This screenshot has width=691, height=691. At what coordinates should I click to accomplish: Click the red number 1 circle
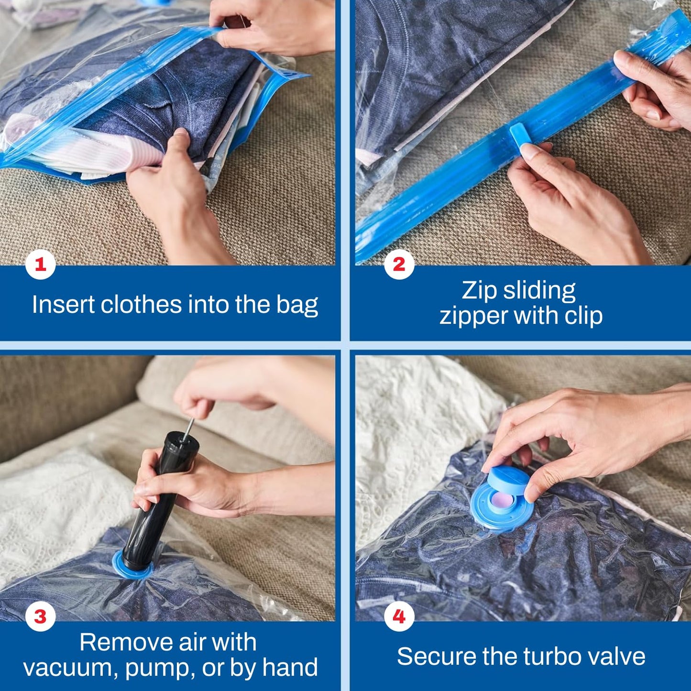41,264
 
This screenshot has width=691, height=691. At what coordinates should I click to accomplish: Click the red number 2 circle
399,264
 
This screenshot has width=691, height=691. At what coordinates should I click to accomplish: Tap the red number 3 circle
41,616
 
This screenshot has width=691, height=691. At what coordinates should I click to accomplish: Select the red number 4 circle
399,616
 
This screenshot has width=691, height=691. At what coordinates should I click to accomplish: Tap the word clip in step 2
583,316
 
